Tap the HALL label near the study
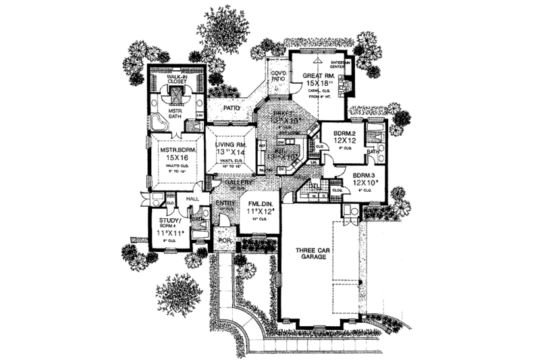tap(191, 199)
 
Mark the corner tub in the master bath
tap(158, 122)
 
